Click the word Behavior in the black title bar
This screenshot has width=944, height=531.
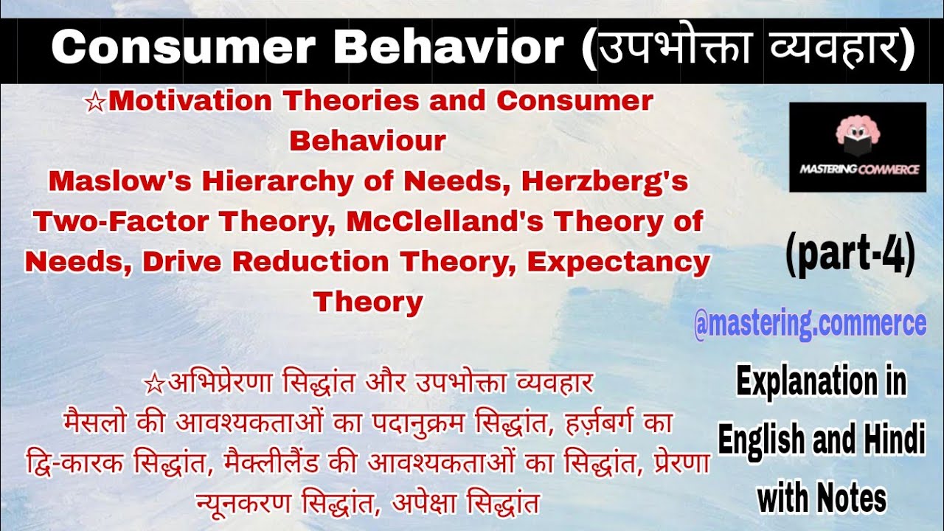tap(448, 49)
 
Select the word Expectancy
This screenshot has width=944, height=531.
tap(618, 262)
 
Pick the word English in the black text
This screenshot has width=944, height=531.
tap(760, 441)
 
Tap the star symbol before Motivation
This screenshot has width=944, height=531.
tap(96, 103)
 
